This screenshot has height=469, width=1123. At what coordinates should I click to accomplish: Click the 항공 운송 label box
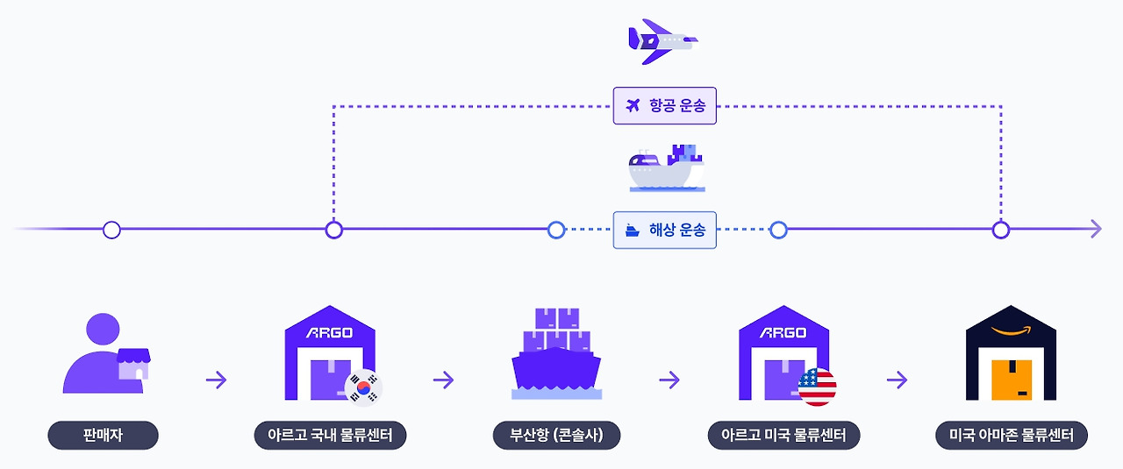point(664,106)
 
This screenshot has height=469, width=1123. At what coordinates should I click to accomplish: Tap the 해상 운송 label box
point(664,231)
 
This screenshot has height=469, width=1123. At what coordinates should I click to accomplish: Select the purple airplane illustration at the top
point(662,40)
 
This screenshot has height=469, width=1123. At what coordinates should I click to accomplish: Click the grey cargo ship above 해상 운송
point(666,169)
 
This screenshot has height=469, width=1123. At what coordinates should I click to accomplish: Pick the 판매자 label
point(103,435)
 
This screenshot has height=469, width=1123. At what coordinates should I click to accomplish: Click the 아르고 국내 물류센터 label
point(330,435)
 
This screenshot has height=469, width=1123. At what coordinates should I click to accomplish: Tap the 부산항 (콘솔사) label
point(556,435)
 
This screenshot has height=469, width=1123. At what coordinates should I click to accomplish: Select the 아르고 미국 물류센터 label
point(783,435)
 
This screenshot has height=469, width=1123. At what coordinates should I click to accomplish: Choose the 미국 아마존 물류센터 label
point(1011,435)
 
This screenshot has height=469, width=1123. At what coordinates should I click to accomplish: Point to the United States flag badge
point(817,387)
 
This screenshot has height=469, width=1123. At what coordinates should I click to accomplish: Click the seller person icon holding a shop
point(105,354)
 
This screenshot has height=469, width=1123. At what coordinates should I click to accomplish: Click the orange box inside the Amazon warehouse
point(1011,379)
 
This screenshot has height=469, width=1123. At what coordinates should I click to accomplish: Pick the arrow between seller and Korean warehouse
point(216,380)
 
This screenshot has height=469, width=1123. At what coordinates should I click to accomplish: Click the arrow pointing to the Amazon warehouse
point(897,380)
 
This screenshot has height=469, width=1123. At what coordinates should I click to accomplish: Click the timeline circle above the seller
point(111,230)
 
